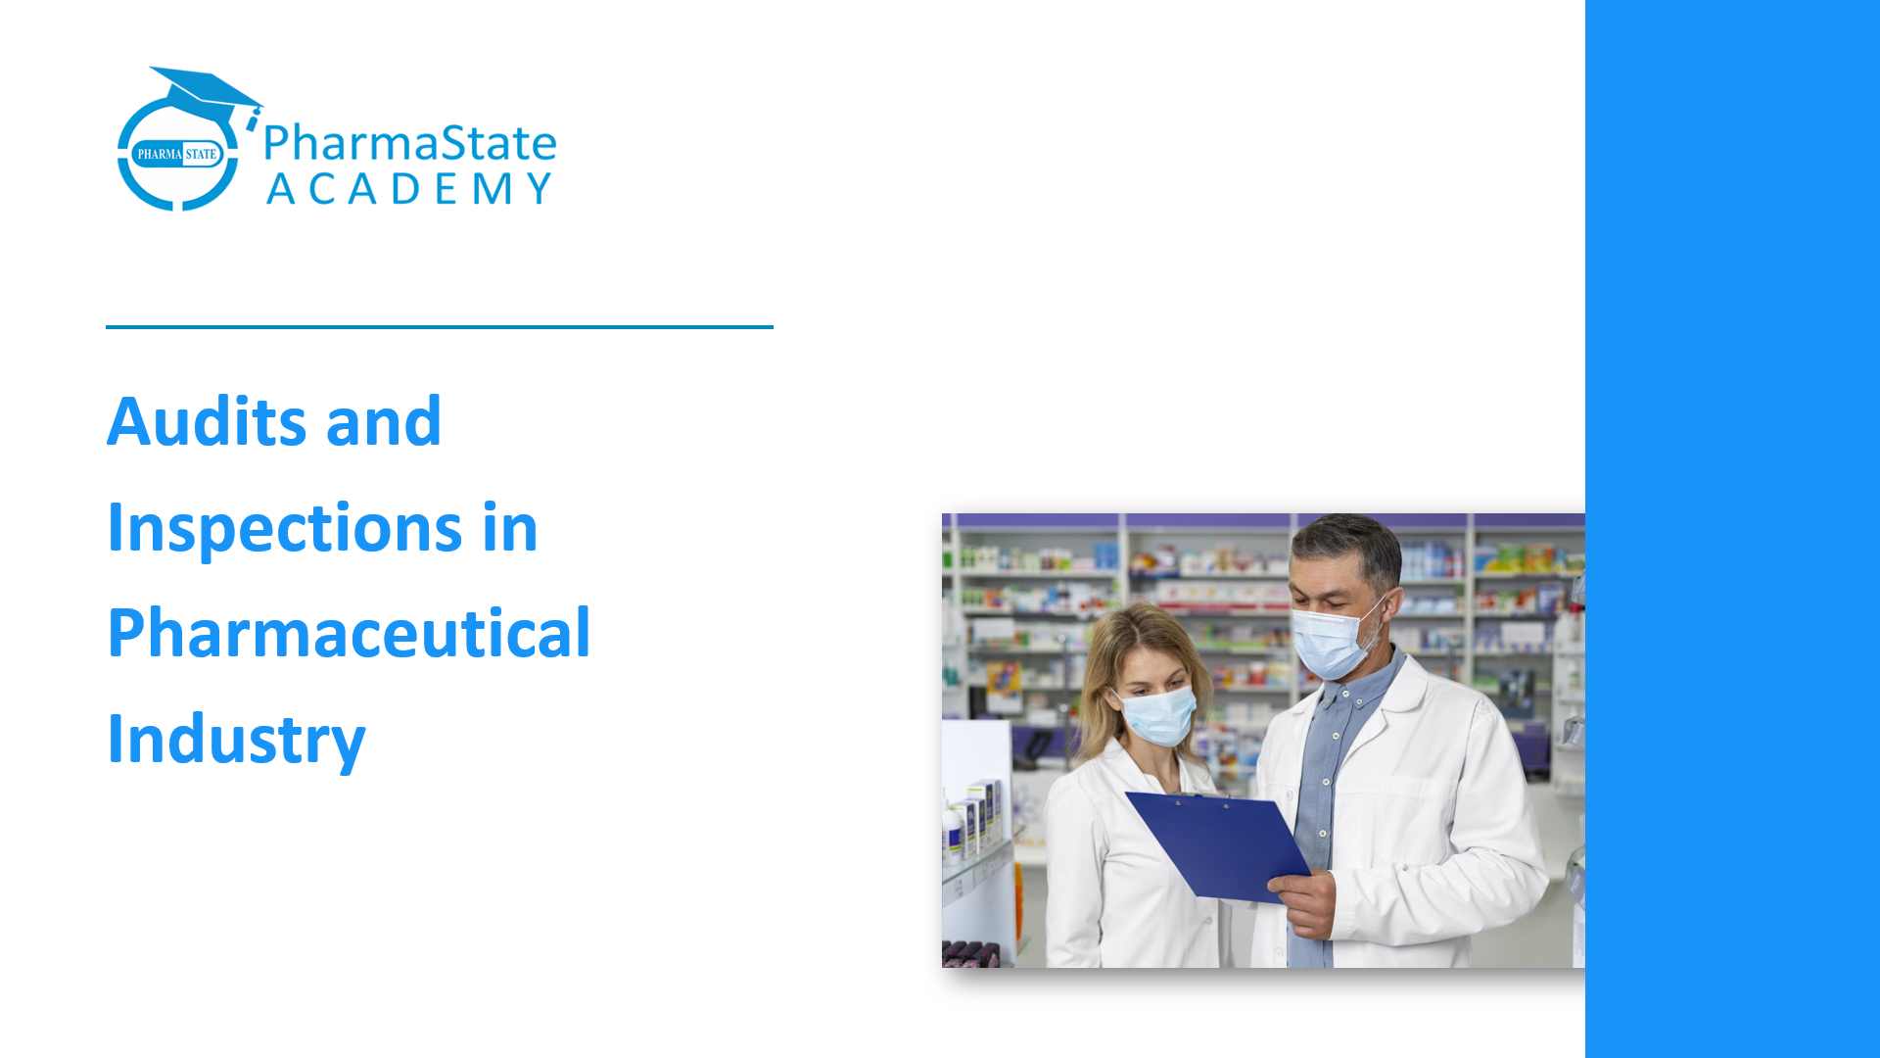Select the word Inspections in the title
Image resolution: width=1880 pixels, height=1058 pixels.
pyautogui.click(x=284, y=529)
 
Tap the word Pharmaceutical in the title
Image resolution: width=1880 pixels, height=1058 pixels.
pyautogui.click(x=349, y=634)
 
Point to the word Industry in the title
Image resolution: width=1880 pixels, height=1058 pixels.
pyautogui.click(x=236, y=741)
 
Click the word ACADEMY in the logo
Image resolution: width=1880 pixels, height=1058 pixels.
pyautogui.click(x=409, y=189)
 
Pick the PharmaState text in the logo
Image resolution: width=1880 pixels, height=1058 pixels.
pyautogui.click(x=409, y=143)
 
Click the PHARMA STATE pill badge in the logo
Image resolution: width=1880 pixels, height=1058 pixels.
pyautogui.click(x=177, y=154)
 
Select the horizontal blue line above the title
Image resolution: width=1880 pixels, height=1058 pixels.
pyautogui.click(x=439, y=327)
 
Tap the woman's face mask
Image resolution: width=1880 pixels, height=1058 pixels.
pyautogui.click(x=1157, y=715)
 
